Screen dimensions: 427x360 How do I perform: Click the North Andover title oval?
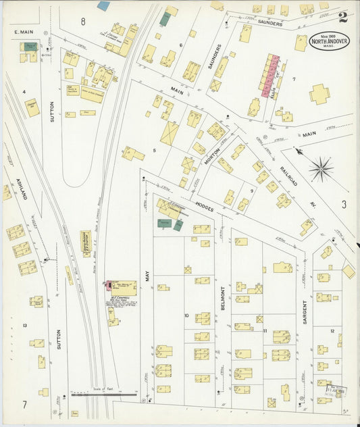330,41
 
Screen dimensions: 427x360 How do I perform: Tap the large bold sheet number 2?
344,16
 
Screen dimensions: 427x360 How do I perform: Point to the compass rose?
322,168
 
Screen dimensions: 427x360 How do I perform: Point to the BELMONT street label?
222,297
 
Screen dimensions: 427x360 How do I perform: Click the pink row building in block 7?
269,72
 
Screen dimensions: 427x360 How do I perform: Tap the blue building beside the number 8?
103,6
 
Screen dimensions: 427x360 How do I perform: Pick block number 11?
265,330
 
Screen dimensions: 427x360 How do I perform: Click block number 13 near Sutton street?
25,326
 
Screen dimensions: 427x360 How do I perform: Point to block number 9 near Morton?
251,191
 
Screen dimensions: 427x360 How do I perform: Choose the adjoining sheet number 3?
343,203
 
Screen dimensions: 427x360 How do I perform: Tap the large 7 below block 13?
24,405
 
